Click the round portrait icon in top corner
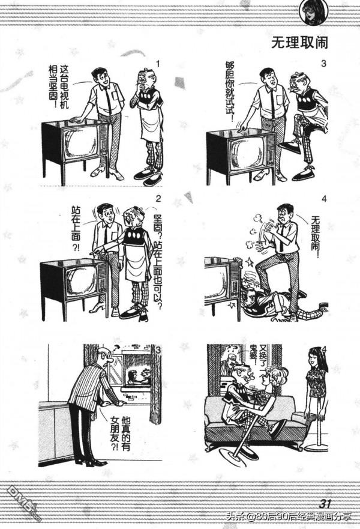tap(313, 11)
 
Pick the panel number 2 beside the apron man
tap(157, 199)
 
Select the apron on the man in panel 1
tap(152, 123)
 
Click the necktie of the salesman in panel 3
tap(272, 104)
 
